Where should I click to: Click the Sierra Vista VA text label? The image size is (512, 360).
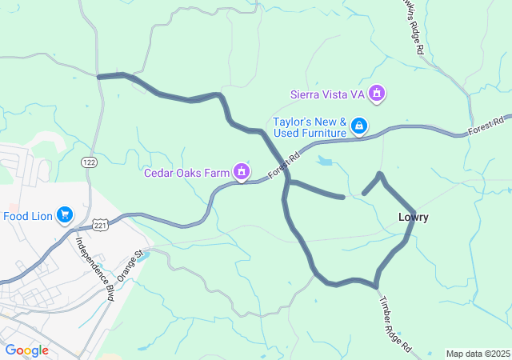click(329, 94)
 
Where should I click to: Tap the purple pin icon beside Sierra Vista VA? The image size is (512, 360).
click(378, 94)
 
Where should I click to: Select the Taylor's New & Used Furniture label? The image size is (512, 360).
click(309, 128)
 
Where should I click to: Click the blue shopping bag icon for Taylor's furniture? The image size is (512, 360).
click(360, 126)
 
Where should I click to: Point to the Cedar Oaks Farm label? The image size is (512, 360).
click(187, 172)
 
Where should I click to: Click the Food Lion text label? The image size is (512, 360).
click(28, 215)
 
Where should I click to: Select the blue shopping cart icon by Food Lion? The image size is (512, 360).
click(65, 215)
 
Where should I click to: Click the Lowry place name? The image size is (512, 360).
click(414, 218)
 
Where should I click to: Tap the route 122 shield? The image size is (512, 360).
click(88, 162)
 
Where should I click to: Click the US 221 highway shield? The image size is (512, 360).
click(100, 226)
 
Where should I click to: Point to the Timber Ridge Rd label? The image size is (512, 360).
click(394, 325)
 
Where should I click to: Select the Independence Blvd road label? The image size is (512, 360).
click(95, 268)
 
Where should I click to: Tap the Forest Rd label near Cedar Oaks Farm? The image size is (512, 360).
click(283, 163)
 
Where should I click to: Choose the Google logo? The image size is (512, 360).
click(26, 350)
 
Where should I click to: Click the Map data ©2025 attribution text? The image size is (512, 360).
click(478, 354)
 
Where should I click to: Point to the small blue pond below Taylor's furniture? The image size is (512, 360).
click(324, 161)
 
